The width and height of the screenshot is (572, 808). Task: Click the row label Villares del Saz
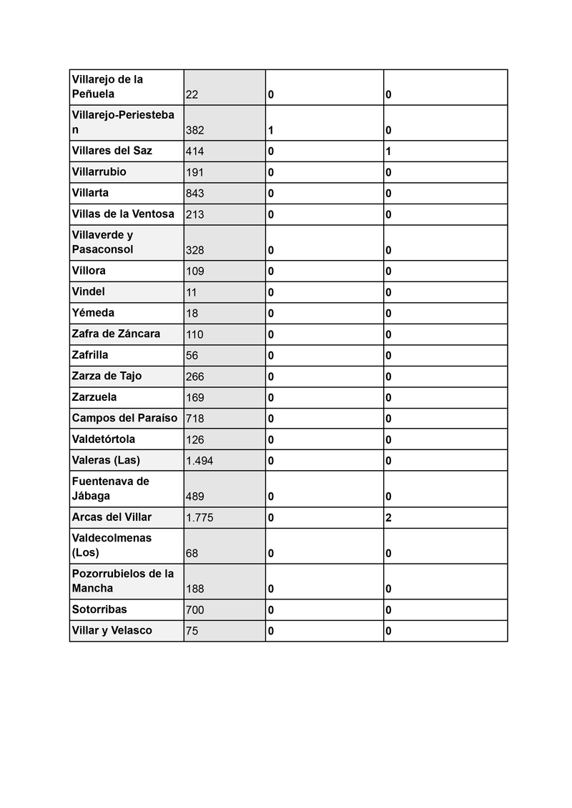coord(112,151)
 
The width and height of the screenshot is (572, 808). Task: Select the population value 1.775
coord(199,517)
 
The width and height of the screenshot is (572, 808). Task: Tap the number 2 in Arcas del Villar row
coord(388,517)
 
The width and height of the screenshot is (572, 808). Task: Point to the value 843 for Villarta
coord(194,193)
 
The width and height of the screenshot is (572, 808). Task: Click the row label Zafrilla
coord(90,355)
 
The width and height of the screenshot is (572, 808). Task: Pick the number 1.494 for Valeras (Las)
coord(199,461)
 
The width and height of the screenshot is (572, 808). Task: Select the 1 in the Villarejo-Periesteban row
coord(271,131)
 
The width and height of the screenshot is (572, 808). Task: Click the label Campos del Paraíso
coord(124,418)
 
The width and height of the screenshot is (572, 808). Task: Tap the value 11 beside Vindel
coord(191,292)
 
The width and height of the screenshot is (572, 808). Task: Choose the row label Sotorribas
coord(100,609)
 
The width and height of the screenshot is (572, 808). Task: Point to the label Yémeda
coord(93,313)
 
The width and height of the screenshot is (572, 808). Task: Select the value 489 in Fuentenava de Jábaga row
coord(194,497)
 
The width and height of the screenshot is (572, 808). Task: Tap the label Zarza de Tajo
coord(107,376)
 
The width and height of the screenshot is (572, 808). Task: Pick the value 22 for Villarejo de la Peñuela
coord(192,95)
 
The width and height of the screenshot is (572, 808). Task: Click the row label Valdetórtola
coord(103,439)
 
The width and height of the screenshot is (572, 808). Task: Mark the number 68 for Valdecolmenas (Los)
coord(192,553)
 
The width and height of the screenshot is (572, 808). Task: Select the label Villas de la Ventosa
coord(123,214)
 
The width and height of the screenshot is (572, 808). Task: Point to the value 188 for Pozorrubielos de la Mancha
coord(194,589)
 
